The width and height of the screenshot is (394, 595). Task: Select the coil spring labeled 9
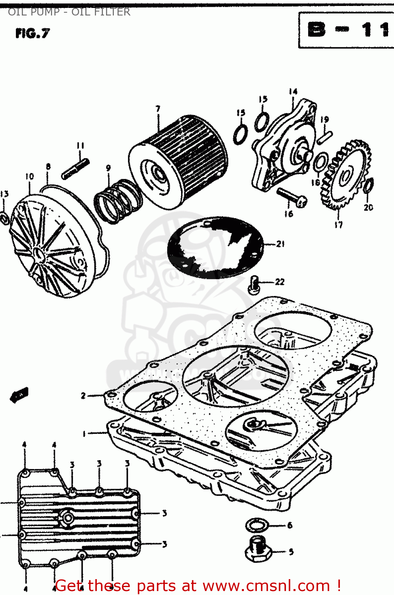(x=118, y=201)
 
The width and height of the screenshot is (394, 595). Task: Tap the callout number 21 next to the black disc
(x=280, y=244)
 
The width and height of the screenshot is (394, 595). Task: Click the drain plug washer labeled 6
(x=257, y=526)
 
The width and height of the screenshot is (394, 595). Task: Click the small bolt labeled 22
(x=254, y=284)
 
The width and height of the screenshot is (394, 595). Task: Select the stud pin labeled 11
(x=75, y=169)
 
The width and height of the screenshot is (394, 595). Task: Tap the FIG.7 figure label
(x=33, y=33)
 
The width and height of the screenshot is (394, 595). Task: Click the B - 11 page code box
(x=346, y=30)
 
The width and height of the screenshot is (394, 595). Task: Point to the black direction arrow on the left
(x=19, y=395)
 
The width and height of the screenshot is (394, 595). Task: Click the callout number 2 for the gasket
(x=83, y=395)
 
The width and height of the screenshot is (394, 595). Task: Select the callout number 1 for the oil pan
(x=84, y=434)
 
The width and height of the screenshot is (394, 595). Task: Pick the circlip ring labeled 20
(x=369, y=185)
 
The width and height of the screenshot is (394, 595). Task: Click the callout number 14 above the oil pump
(x=293, y=92)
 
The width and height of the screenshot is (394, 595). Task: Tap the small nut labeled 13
(x=5, y=217)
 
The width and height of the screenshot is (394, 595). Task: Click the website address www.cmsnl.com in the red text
(x=266, y=585)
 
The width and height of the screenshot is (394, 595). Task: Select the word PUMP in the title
(x=44, y=12)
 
